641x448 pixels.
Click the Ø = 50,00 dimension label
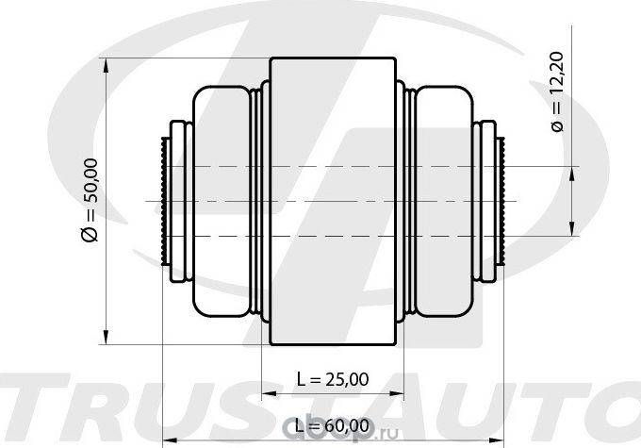click(90, 200)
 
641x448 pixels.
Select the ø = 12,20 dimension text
click(557, 91)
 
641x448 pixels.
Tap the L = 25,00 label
click(333, 379)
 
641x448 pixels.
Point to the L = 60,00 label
click(333, 426)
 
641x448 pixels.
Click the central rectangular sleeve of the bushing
click(333, 201)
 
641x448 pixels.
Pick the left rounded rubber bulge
click(221, 201)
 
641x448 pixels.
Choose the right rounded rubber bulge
click(444, 201)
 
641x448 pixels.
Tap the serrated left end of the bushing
click(166, 201)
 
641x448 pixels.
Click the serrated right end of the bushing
click(501, 201)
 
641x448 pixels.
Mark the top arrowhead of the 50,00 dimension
click(106, 65)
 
